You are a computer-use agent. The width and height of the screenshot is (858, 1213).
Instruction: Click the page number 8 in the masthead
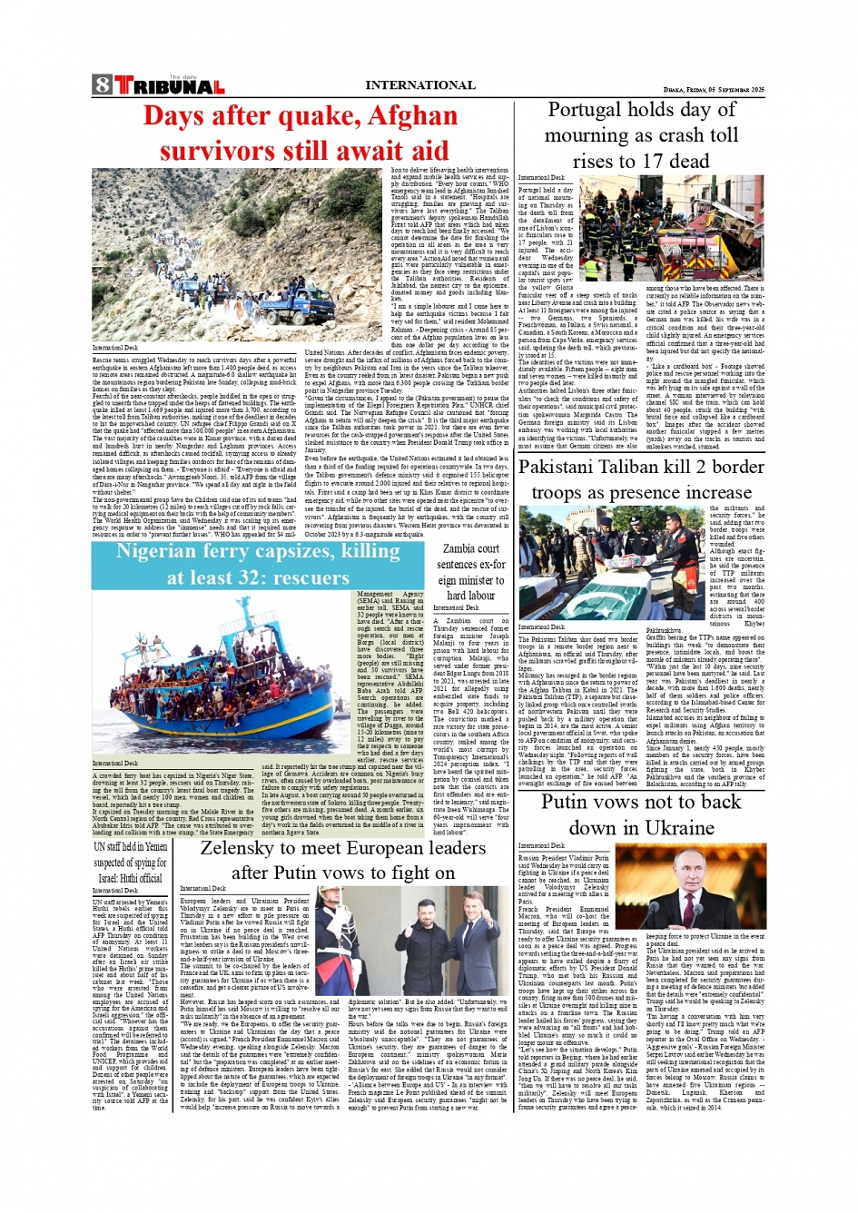pos(102,85)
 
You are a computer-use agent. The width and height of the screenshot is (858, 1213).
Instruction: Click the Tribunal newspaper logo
pos(169,86)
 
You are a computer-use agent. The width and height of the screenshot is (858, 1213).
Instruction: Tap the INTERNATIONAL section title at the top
pos(419,85)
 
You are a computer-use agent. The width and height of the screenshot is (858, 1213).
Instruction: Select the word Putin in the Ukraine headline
pos(571,803)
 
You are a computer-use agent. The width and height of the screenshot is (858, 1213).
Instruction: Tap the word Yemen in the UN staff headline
pos(155,847)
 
